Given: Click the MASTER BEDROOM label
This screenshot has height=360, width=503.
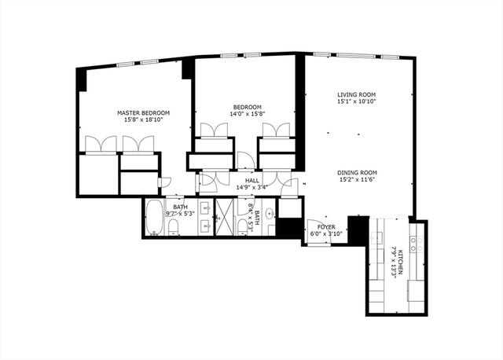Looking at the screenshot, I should click(144, 113).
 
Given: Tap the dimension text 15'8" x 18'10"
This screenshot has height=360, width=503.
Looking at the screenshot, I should click(144, 122).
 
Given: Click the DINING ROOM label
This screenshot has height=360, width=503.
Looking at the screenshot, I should click(358, 173).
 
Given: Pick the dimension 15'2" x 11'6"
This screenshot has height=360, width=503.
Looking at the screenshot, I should click(358, 181).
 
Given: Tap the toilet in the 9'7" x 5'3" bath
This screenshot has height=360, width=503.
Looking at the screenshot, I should click(174, 227).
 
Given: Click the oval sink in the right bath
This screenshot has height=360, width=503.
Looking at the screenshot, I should click(269, 212).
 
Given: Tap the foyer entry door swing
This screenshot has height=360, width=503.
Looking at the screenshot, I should click(318, 238).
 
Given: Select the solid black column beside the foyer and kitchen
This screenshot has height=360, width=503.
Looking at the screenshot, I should click(358, 230).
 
